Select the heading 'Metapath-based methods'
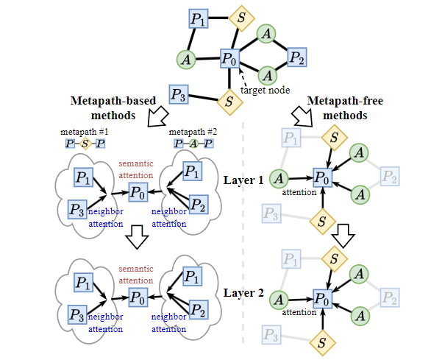click(107, 107)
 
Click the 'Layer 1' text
click(243, 180)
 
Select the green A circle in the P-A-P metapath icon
click(193, 144)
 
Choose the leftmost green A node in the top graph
click(187, 58)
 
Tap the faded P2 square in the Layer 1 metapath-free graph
click(390, 176)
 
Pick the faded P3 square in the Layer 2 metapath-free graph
click(271, 335)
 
